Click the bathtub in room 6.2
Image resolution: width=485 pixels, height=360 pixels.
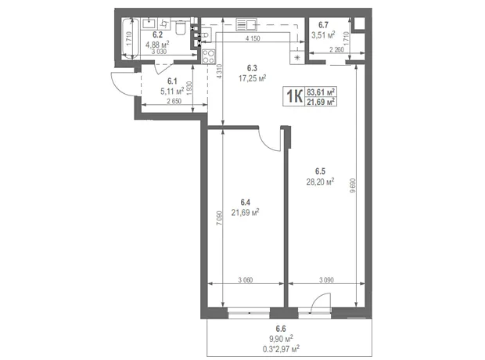click(x=130, y=38)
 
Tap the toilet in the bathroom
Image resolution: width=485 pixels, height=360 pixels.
click(x=180, y=27)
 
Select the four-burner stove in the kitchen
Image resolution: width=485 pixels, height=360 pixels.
click(x=208, y=56)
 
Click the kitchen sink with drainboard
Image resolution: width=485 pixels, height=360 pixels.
click(x=246, y=24)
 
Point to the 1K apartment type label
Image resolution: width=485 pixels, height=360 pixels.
click(x=294, y=96)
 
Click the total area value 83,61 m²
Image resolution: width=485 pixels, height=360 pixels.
click(x=321, y=92)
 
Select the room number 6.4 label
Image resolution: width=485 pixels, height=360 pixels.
click(x=246, y=203)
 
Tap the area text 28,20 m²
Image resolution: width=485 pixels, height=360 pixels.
click(x=320, y=182)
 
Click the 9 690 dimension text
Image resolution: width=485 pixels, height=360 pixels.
click(x=353, y=185)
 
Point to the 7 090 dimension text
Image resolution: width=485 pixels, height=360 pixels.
click(x=219, y=218)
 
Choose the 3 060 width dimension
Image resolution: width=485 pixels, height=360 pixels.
click(x=246, y=280)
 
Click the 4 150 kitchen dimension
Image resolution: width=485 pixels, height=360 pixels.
click(x=253, y=38)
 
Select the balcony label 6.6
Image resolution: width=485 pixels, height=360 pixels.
click(x=281, y=329)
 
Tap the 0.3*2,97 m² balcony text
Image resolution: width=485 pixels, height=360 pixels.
click(x=281, y=349)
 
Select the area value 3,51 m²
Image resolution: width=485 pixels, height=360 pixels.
click(x=323, y=34)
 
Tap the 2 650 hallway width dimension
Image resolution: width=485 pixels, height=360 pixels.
click(x=174, y=101)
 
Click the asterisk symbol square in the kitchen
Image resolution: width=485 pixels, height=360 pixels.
click(x=297, y=58)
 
